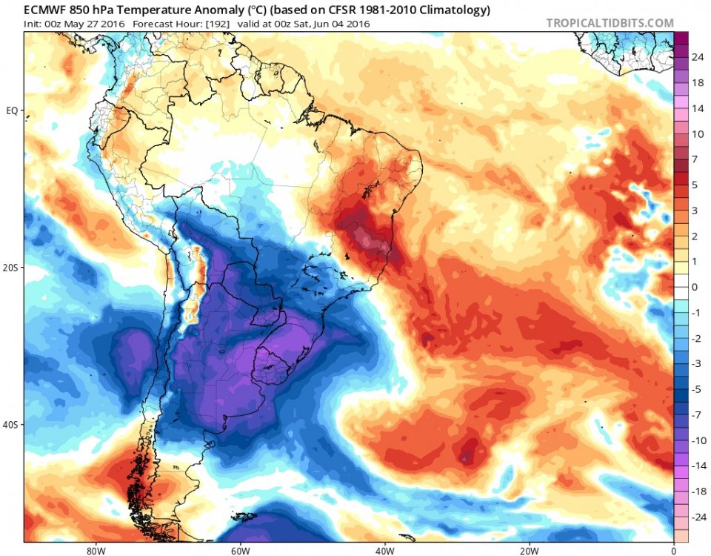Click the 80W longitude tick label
pos(94,551)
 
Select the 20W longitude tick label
pos(528,551)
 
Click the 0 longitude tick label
pos(673,551)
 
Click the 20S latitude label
pos(11,268)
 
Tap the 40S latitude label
pos(11,425)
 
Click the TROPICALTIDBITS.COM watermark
pos(610,23)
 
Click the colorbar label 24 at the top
pos(697,57)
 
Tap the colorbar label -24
pos(697,516)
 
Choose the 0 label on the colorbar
pos(694,286)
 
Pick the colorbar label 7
pos(694,159)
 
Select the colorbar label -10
pos(697,440)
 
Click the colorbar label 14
pos(697,108)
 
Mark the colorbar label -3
pos(695,363)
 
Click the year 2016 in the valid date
pos(357,24)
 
